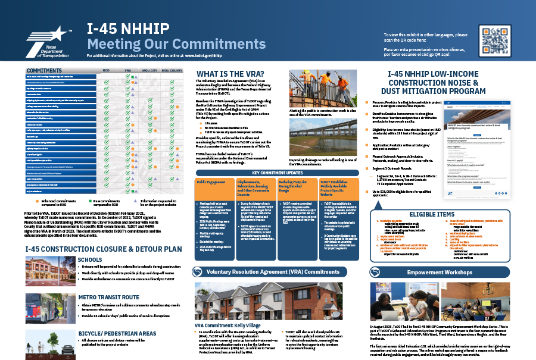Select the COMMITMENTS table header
(45, 70)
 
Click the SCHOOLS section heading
(91, 260)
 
